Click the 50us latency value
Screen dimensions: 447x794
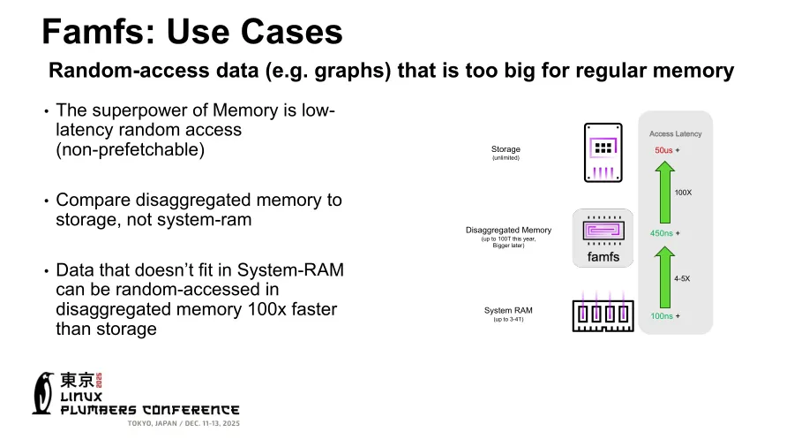[x=663, y=150]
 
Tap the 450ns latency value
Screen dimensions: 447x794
[x=662, y=233]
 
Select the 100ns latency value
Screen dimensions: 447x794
[x=662, y=315]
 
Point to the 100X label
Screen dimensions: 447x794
[x=683, y=192]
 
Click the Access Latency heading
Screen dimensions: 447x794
[x=675, y=133]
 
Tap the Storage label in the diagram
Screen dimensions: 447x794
[x=506, y=149]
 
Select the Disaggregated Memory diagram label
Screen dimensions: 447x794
[x=507, y=230]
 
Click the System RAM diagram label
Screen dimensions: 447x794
[x=508, y=310]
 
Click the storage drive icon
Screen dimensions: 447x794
[x=603, y=153]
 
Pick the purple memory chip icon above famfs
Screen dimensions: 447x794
[x=603, y=231]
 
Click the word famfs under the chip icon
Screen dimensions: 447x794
[x=603, y=257]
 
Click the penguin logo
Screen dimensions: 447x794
[x=42, y=393]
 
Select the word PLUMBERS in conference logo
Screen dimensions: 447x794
[x=99, y=410]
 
